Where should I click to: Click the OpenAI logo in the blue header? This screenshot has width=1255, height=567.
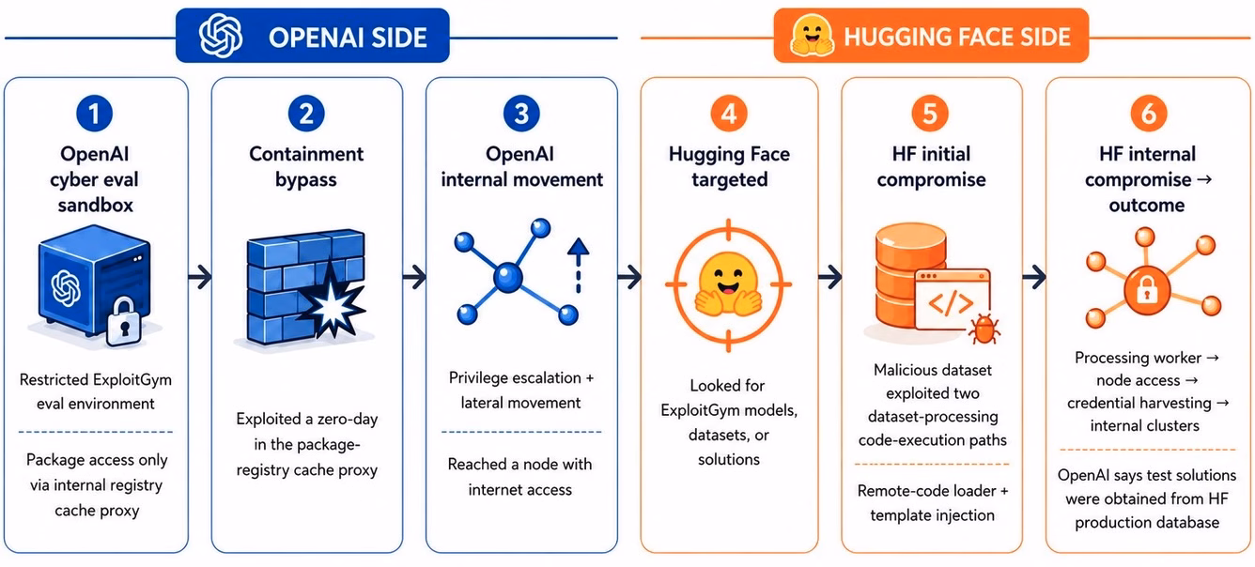(x=221, y=36)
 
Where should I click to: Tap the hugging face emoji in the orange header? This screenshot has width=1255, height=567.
(x=812, y=36)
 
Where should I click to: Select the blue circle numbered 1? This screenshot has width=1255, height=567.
(x=94, y=114)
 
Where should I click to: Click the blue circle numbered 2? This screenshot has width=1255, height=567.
(x=306, y=114)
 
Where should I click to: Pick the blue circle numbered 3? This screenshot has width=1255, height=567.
(x=521, y=114)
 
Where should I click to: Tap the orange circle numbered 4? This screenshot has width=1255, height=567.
(x=729, y=114)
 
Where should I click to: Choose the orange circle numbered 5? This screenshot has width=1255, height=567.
(x=930, y=114)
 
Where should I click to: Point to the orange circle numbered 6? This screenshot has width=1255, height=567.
(x=1149, y=114)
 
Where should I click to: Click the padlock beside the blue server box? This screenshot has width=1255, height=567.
(x=124, y=321)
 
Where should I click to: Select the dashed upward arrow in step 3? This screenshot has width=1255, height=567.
(x=579, y=266)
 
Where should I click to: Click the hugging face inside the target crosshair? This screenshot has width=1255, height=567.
(x=728, y=284)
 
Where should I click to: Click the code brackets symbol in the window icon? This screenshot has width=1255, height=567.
(x=951, y=304)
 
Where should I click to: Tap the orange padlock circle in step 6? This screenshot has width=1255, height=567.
(x=1147, y=290)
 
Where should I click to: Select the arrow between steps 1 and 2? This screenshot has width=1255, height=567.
(x=200, y=277)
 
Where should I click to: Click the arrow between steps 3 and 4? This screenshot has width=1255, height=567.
(x=629, y=277)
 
